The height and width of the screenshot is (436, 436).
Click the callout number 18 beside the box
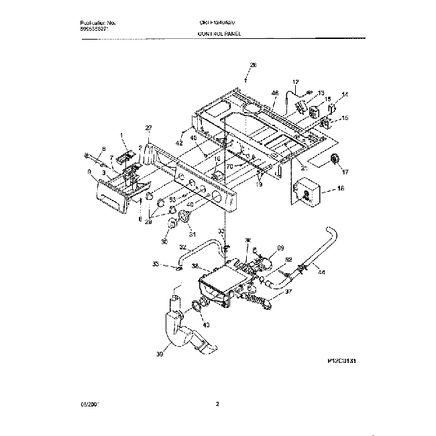pyautogui.click(x=341, y=189)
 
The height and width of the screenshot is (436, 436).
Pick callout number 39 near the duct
pyautogui.click(x=160, y=353)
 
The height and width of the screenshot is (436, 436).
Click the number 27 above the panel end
pyautogui.click(x=149, y=127)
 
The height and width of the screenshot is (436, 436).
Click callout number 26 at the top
pyautogui.click(x=253, y=65)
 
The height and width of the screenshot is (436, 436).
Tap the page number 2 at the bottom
pyautogui.click(x=218, y=403)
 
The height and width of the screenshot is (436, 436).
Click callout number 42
pyautogui.click(x=180, y=143)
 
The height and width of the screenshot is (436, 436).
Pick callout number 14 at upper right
pyautogui.click(x=345, y=95)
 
